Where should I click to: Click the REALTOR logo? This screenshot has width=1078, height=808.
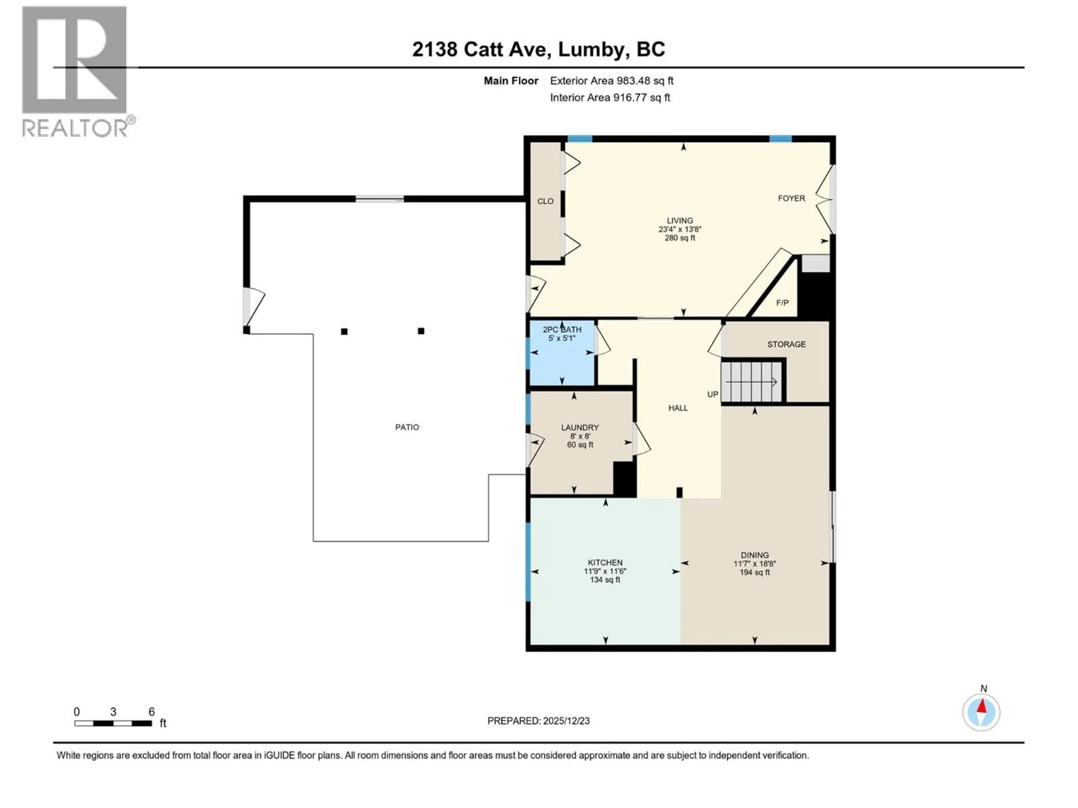[x=76, y=71]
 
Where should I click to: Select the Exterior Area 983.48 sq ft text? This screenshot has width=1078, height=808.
[x=612, y=81]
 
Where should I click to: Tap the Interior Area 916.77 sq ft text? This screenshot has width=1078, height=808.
[x=610, y=97]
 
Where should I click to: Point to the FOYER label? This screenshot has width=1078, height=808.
[x=791, y=198]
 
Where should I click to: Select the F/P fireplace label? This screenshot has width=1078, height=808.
[x=782, y=303]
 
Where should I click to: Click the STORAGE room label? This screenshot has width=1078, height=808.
[x=786, y=344]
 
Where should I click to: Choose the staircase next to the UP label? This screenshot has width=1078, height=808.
[x=751, y=381]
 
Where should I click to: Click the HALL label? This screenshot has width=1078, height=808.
[x=678, y=408]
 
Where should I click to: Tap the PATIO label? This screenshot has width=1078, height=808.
[x=407, y=427]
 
